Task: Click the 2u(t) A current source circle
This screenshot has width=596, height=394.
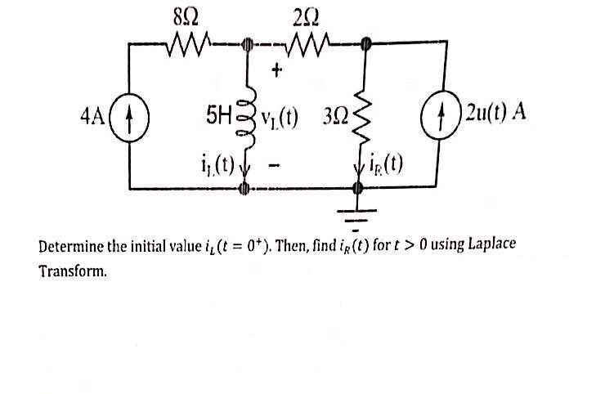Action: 446,112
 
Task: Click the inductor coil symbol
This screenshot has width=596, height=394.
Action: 243,114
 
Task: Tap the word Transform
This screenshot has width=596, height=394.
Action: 73,271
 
